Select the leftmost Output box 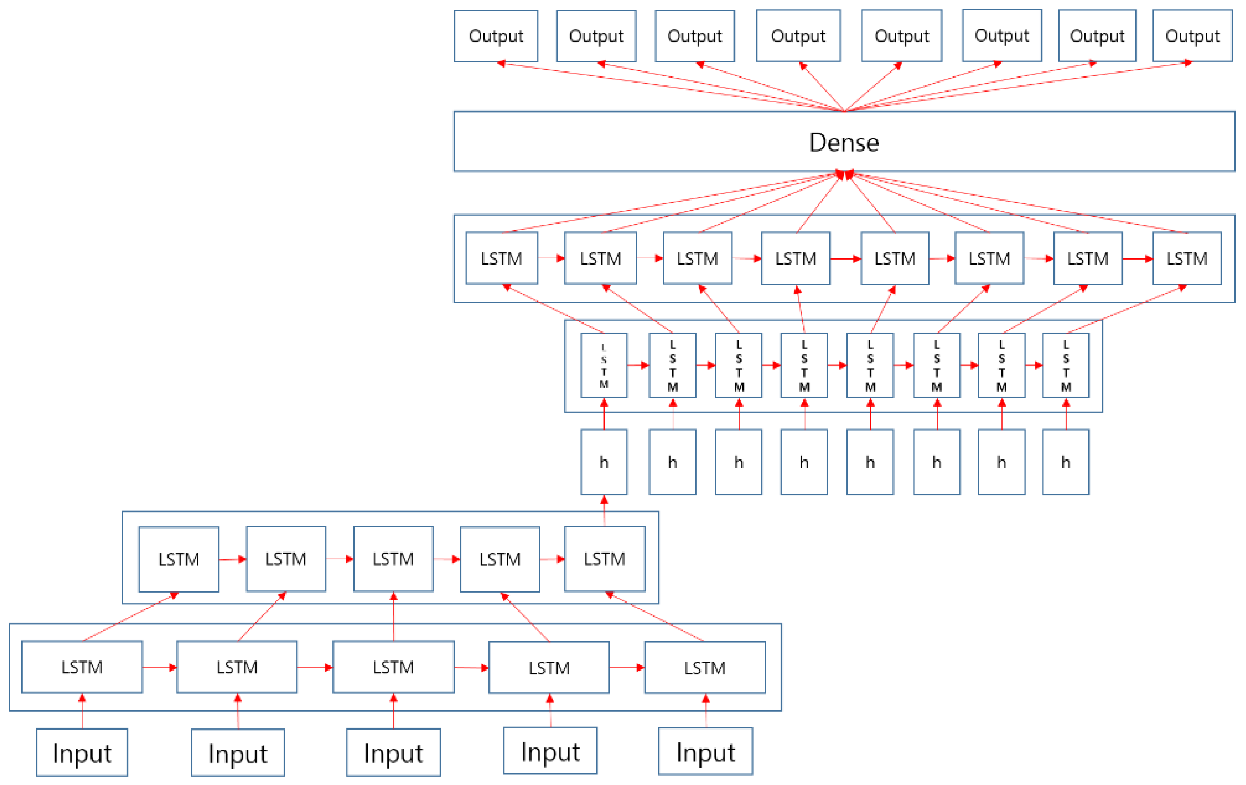(496, 36)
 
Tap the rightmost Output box (1192, 36)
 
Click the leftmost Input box (82, 752)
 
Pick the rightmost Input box (705, 751)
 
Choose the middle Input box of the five (393, 752)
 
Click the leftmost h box (604, 462)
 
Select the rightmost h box (1065, 462)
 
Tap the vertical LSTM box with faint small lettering (604, 365)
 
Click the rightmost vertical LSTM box (1065, 365)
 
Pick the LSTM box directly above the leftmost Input (82, 667)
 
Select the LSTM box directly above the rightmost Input (705, 667)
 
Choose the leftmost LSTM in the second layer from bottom (179, 559)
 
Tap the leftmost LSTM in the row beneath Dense (501, 258)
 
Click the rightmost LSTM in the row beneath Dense (1187, 258)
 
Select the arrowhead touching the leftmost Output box (501, 63)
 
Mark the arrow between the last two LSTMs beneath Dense (1137, 258)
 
